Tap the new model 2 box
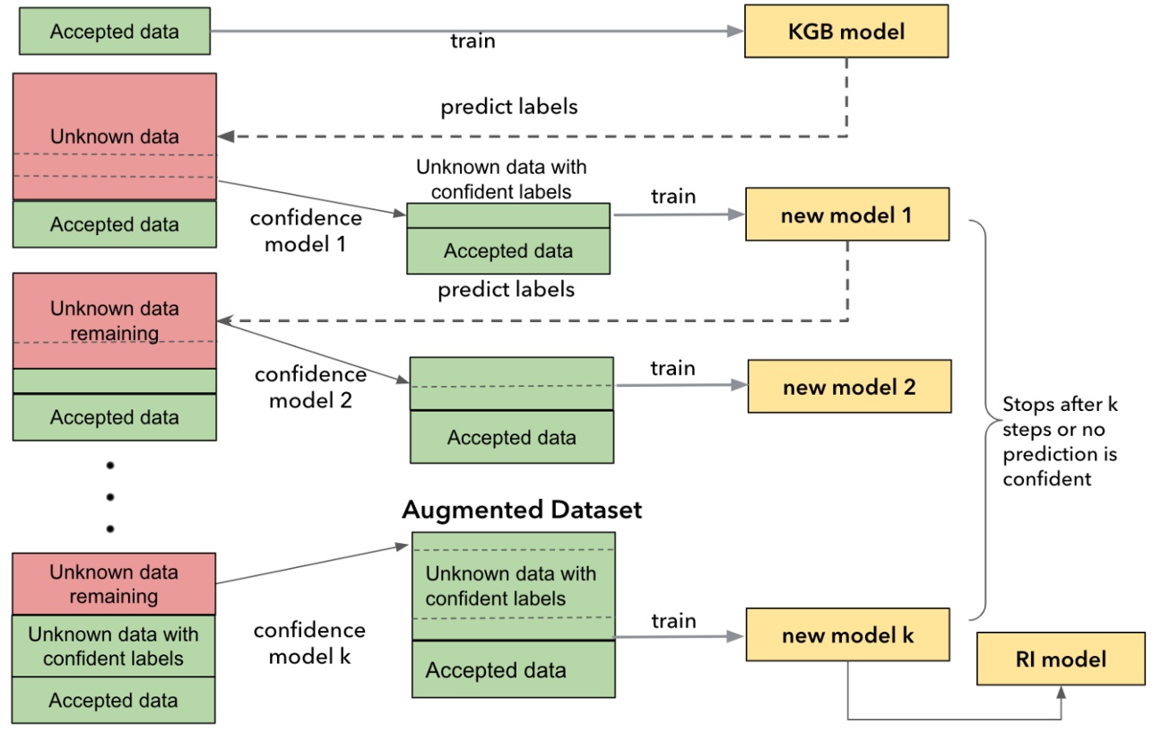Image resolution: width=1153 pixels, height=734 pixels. (848, 388)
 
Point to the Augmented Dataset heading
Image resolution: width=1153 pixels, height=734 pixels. (522, 510)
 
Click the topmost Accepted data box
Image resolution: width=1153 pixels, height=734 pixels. (114, 31)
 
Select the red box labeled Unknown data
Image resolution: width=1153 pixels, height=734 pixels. (114, 136)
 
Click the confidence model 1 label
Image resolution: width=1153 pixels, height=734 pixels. (306, 231)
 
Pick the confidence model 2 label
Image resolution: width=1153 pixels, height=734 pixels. (310, 387)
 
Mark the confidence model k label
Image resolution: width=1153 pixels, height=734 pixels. (309, 642)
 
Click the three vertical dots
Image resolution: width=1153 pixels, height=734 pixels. (110, 496)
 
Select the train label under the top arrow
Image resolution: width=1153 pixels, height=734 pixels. (472, 41)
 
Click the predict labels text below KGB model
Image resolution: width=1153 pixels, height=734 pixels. (508, 106)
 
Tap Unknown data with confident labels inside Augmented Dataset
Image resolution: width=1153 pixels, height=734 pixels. (510, 585)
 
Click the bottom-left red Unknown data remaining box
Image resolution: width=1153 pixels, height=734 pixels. (114, 583)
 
